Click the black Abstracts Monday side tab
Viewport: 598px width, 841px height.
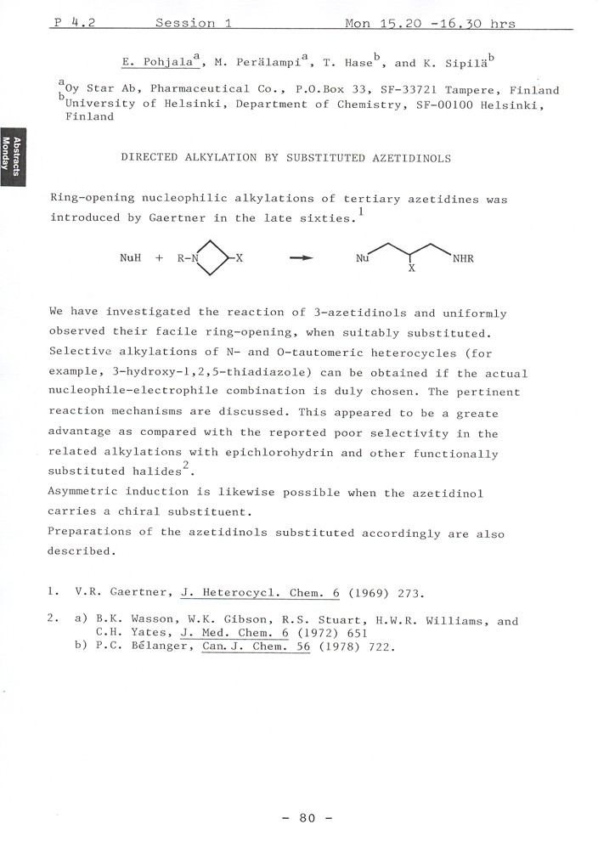click(x=10, y=154)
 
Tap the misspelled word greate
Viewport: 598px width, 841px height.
click(x=479, y=414)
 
